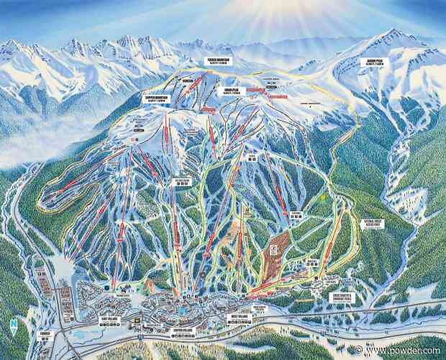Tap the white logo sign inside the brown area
[273, 247]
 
